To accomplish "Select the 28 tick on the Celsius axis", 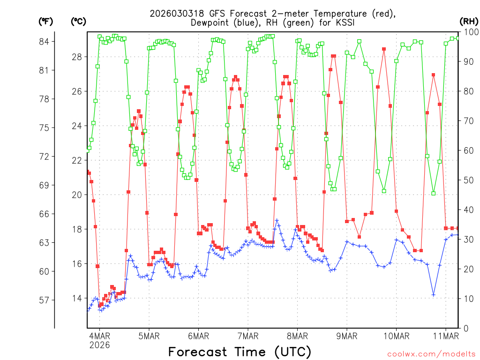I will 77,57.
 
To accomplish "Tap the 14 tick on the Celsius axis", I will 77,298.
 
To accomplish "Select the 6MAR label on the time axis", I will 198,336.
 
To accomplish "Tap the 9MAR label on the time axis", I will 347,336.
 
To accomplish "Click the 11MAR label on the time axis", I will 446,336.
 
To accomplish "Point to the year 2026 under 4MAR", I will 99,345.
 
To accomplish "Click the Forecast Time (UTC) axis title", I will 240,352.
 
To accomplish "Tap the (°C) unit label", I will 79,21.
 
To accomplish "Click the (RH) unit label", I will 469,21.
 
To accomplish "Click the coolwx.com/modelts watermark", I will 432,353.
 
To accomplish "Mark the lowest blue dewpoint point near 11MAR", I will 434,294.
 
